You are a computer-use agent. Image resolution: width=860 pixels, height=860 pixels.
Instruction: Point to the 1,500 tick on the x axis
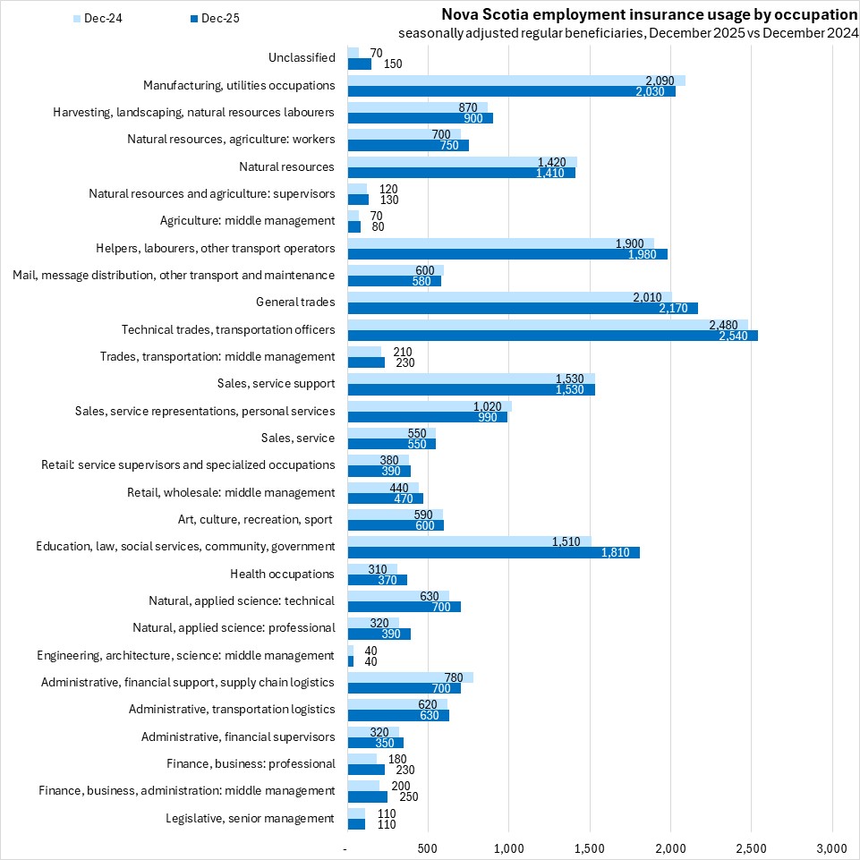point(590,847)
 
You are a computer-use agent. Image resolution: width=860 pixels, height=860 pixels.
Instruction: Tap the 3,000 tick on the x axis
point(831,847)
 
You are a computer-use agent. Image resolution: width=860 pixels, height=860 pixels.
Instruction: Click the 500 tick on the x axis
point(428,847)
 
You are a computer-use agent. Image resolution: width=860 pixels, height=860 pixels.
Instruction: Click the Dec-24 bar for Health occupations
point(372,568)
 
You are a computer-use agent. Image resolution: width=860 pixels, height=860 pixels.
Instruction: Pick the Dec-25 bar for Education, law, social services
point(493,552)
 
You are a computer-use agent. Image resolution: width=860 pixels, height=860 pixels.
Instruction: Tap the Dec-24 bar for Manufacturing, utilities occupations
point(516,81)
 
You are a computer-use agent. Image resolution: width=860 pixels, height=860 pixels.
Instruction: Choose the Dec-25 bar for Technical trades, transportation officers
point(552,336)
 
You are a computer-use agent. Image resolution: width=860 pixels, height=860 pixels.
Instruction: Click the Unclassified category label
point(302,58)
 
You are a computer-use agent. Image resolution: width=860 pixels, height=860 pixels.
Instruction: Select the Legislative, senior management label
point(250,818)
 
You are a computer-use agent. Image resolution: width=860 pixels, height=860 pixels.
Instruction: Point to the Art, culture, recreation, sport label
point(256,520)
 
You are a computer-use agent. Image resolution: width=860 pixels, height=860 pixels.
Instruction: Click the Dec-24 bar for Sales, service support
point(471,379)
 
